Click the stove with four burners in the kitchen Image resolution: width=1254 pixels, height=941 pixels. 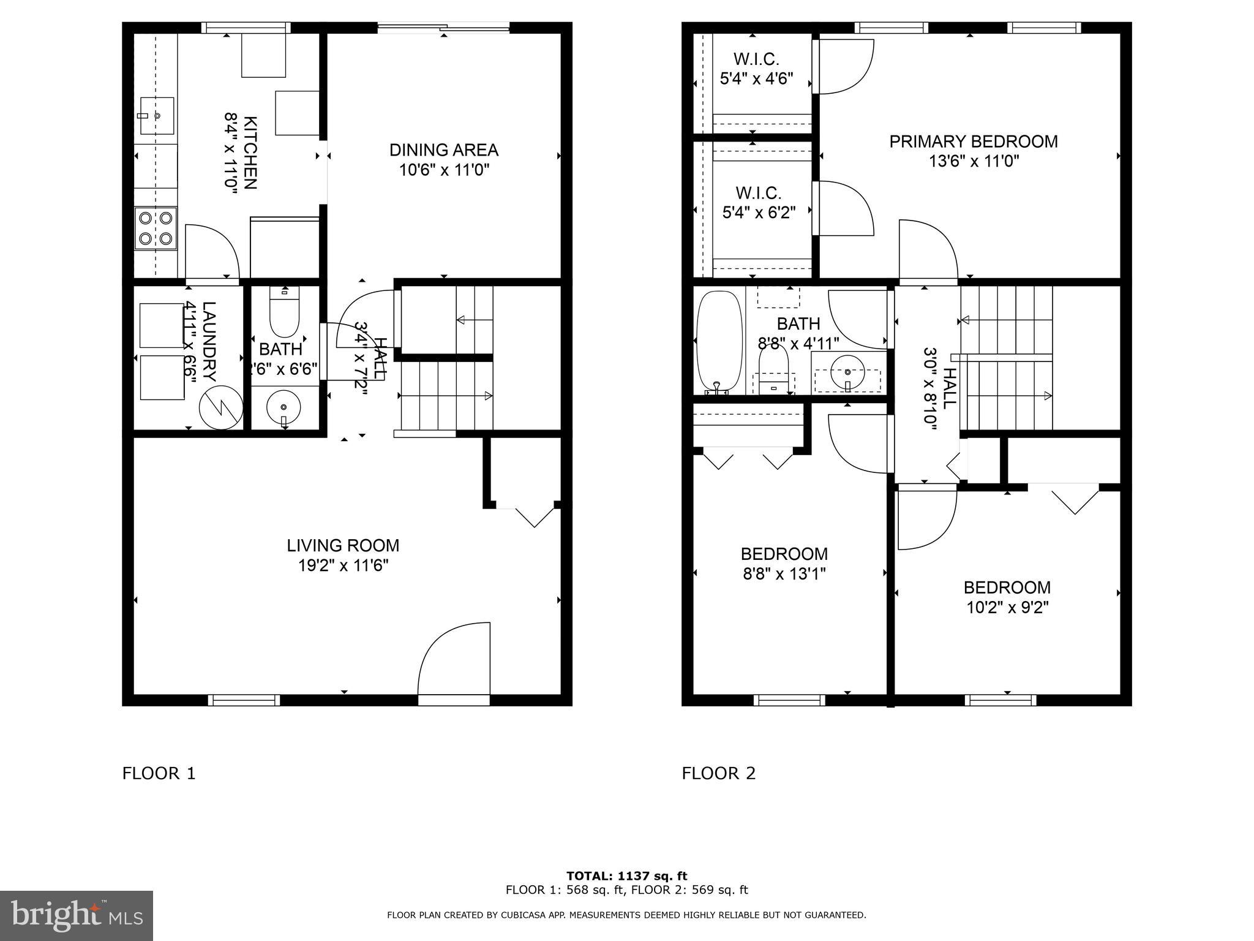point(156,228)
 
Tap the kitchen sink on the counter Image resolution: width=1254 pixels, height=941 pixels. point(157,115)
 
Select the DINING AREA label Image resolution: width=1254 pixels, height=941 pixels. point(444,150)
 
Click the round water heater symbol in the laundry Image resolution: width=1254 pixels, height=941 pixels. point(221,407)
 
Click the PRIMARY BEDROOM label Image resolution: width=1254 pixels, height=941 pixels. point(973,142)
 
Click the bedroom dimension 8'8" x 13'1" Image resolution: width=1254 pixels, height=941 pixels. point(784,574)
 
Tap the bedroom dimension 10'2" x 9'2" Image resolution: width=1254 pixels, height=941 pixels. point(1007,608)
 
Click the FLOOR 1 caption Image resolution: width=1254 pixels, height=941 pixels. point(159,774)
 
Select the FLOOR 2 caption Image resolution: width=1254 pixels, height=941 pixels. point(719,774)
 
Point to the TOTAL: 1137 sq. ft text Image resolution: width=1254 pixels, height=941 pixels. point(626,876)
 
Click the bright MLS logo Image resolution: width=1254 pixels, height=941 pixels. point(76,915)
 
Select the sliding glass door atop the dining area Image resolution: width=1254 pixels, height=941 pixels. point(443,27)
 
